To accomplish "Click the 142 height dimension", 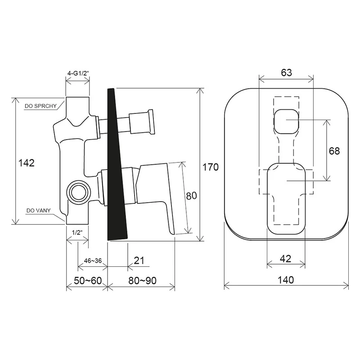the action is [x=27, y=163].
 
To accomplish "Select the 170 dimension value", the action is [x=210, y=167].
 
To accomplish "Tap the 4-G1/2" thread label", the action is [x=78, y=73].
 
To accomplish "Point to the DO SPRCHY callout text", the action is [x=40, y=106].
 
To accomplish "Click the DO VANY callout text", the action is [x=39, y=211].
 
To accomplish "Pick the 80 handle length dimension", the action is [x=192, y=196].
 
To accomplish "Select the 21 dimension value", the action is [x=139, y=261].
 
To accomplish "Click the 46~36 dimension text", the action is [x=93, y=261].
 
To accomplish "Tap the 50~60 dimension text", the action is [x=88, y=280].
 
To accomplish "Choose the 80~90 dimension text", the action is [x=142, y=280].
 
